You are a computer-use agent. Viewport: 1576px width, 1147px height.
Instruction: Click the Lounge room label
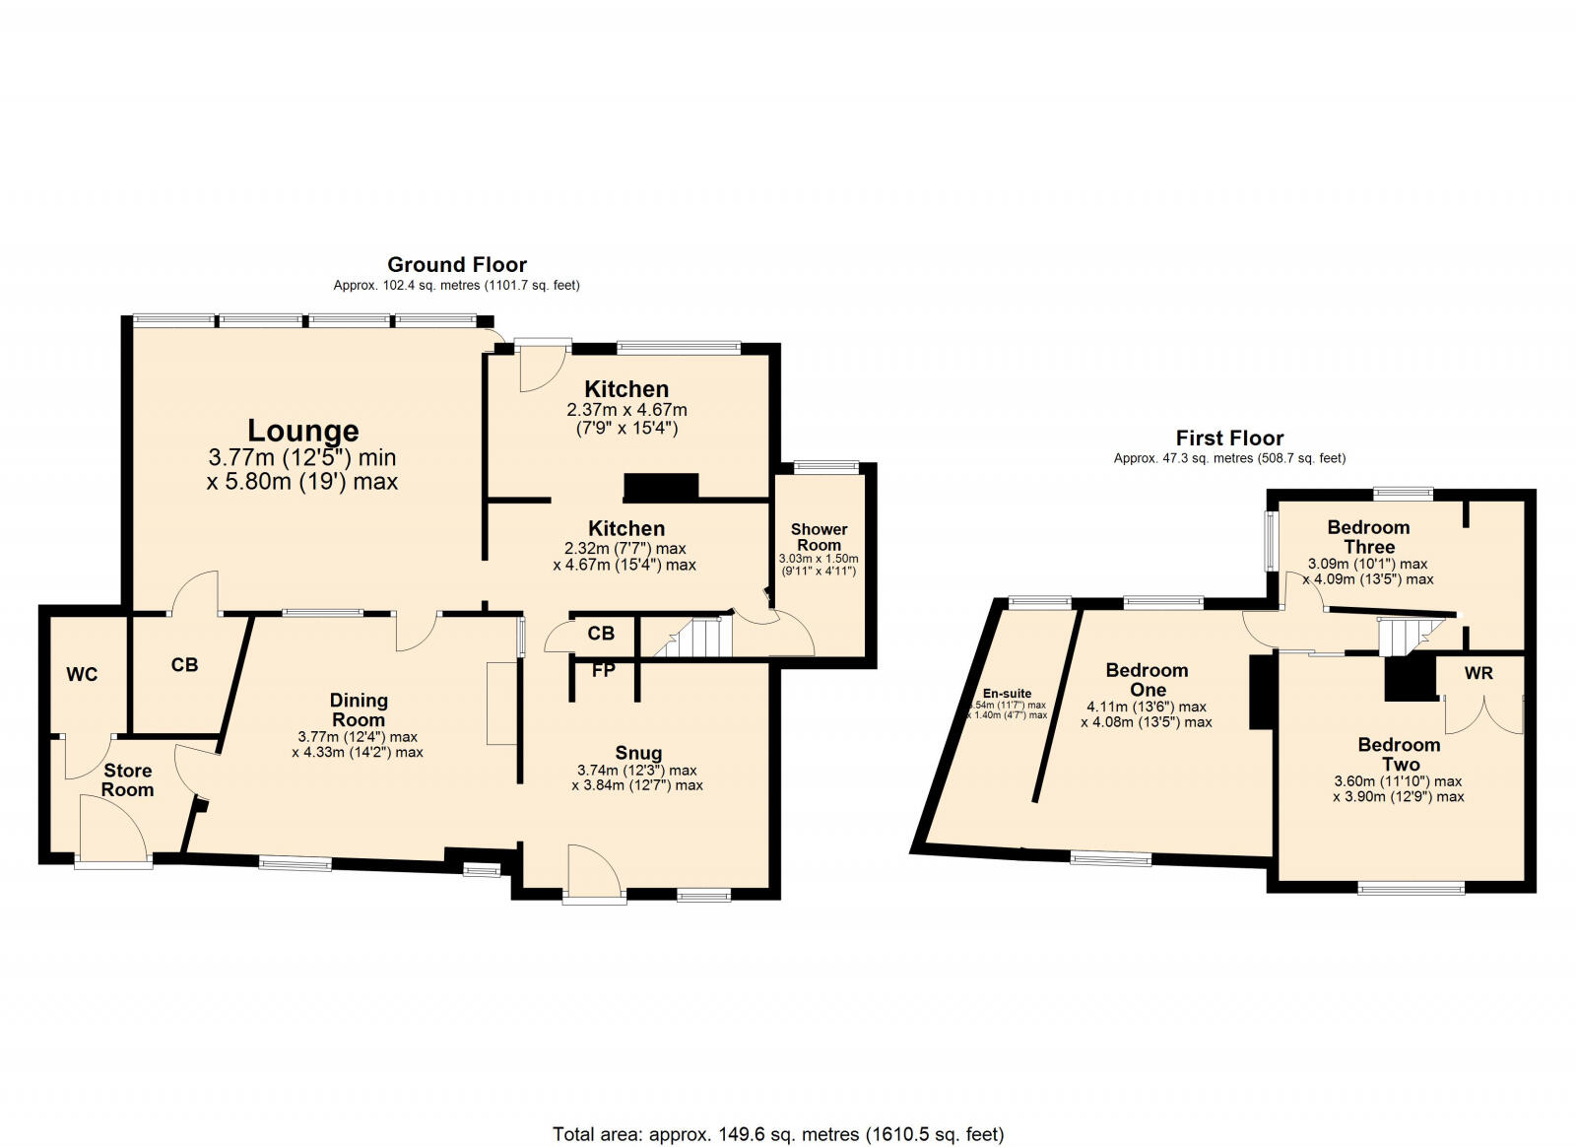click(x=302, y=431)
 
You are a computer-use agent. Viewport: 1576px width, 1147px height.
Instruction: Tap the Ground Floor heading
click(x=456, y=264)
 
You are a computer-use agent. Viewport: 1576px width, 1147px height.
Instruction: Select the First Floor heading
click(x=1229, y=438)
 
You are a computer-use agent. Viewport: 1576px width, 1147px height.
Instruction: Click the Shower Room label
click(x=819, y=537)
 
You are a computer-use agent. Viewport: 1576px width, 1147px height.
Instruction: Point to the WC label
click(x=82, y=675)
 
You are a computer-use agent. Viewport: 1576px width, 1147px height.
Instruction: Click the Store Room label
click(x=128, y=779)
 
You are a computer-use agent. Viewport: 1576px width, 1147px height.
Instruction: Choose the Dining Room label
click(x=359, y=709)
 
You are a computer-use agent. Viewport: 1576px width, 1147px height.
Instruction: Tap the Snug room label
click(x=638, y=753)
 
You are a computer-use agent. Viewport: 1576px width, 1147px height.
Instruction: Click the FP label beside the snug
click(x=604, y=671)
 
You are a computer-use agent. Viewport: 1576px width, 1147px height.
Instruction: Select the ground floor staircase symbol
click(x=695, y=639)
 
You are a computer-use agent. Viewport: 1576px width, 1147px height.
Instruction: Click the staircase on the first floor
click(x=1403, y=636)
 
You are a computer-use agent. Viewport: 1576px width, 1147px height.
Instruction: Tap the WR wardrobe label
click(x=1478, y=673)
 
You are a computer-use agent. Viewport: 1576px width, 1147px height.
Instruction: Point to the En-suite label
click(x=1007, y=694)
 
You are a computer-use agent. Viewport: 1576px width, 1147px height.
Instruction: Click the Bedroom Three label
click(x=1368, y=536)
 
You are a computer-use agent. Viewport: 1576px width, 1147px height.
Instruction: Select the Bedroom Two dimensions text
click(x=1398, y=788)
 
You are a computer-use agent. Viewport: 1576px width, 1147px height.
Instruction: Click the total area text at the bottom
click(x=778, y=1134)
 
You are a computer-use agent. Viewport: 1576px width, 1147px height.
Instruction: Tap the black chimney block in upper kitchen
click(x=661, y=487)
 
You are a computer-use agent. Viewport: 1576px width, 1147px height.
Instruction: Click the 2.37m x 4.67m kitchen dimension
click(x=626, y=410)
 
